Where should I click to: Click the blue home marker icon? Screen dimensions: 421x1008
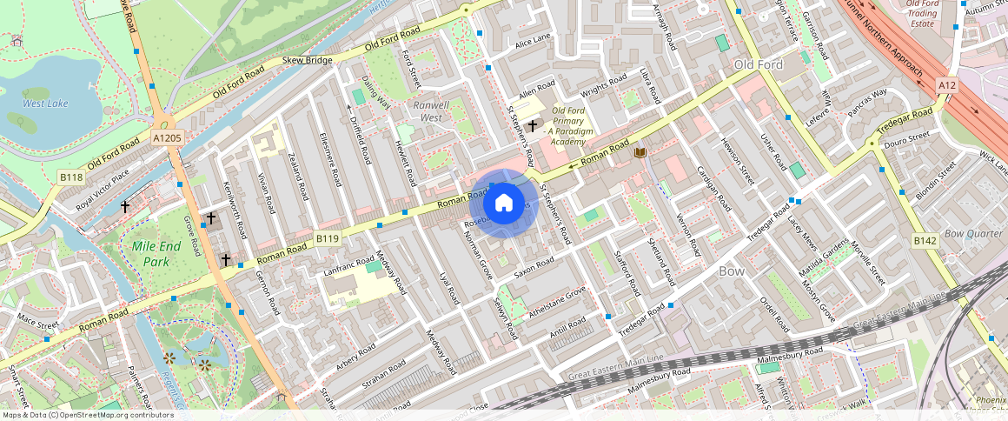click(x=504, y=204)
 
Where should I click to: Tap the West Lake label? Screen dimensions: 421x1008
click(x=45, y=104)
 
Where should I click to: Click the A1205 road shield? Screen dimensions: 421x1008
click(x=167, y=137)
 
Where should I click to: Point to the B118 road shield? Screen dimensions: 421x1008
click(x=71, y=177)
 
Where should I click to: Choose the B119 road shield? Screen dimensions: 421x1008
click(x=327, y=238)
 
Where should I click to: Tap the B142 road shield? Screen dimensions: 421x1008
click(x=925, y=239)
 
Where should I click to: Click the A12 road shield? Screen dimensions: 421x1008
click(x=946, y=85)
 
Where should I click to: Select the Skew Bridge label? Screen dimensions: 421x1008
click(x=308, y=61)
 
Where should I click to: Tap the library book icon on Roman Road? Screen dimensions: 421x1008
click(x=641, y=153)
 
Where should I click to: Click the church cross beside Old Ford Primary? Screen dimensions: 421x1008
click(x=532, y=126)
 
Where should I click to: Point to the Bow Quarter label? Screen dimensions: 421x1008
click(x=973, y=233)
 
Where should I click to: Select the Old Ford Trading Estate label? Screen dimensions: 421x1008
click(x=922, y=14)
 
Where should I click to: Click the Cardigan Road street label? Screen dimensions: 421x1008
click(x=713, y=186)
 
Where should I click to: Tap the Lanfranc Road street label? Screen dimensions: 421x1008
click(x=348, y=266)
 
